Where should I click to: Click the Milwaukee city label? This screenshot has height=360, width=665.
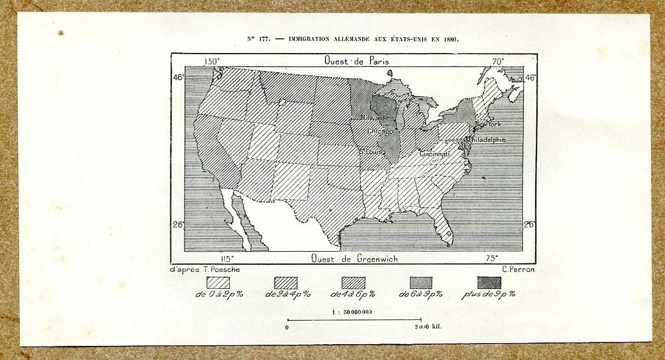377,117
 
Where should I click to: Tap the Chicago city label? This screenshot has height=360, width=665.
380,131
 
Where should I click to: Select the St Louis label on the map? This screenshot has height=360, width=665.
372,152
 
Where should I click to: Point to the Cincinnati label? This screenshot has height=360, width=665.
434,153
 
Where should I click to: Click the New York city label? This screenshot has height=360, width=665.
488,124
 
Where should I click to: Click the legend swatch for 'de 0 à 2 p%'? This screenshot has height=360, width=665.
218,283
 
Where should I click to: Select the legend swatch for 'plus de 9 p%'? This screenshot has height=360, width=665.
488,283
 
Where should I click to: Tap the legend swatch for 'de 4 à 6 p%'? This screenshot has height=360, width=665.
353,283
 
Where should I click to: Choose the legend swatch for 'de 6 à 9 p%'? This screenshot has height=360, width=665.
421,283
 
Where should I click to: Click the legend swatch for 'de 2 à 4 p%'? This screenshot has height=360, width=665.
285,283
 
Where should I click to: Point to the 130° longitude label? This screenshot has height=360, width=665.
212,61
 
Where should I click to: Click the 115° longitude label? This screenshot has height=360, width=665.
228,258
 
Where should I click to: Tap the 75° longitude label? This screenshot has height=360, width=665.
492,258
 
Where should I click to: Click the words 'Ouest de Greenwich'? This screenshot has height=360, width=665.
354,258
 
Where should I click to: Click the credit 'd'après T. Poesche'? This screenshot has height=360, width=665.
205,269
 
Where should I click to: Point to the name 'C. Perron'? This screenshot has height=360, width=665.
518,269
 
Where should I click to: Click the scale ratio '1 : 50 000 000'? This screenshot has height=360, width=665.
352,312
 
